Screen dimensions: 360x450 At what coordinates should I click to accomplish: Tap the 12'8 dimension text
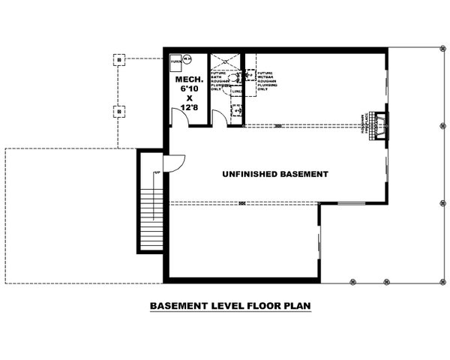(x=189, y=108)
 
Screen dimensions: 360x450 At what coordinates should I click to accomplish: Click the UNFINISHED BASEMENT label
(x=275, y=174)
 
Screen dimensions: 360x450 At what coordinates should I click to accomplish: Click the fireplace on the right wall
(x=381, y=124)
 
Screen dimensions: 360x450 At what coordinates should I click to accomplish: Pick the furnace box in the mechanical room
(x=175, y=63)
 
